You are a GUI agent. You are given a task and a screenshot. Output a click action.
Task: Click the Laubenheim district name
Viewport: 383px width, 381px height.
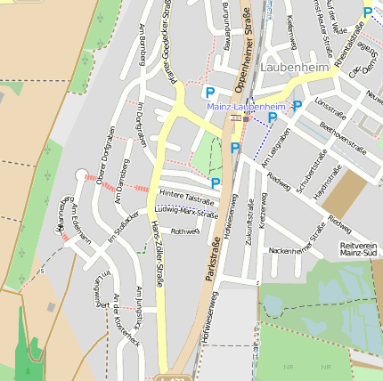point(296,67)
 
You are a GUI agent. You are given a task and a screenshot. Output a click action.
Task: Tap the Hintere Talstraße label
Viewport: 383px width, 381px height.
point(188,197)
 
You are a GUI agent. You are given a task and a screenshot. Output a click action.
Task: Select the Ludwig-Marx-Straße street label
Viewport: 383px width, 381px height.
point(186,212)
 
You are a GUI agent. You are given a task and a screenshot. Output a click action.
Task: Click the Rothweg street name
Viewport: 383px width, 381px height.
point(184,231)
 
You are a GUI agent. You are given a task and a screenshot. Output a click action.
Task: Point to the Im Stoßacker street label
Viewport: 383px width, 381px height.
point(123,227)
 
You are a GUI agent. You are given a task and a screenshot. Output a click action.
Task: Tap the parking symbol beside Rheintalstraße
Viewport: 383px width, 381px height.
point(368,12)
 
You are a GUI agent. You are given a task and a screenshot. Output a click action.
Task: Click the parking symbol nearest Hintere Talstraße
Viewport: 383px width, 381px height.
point(216,182)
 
